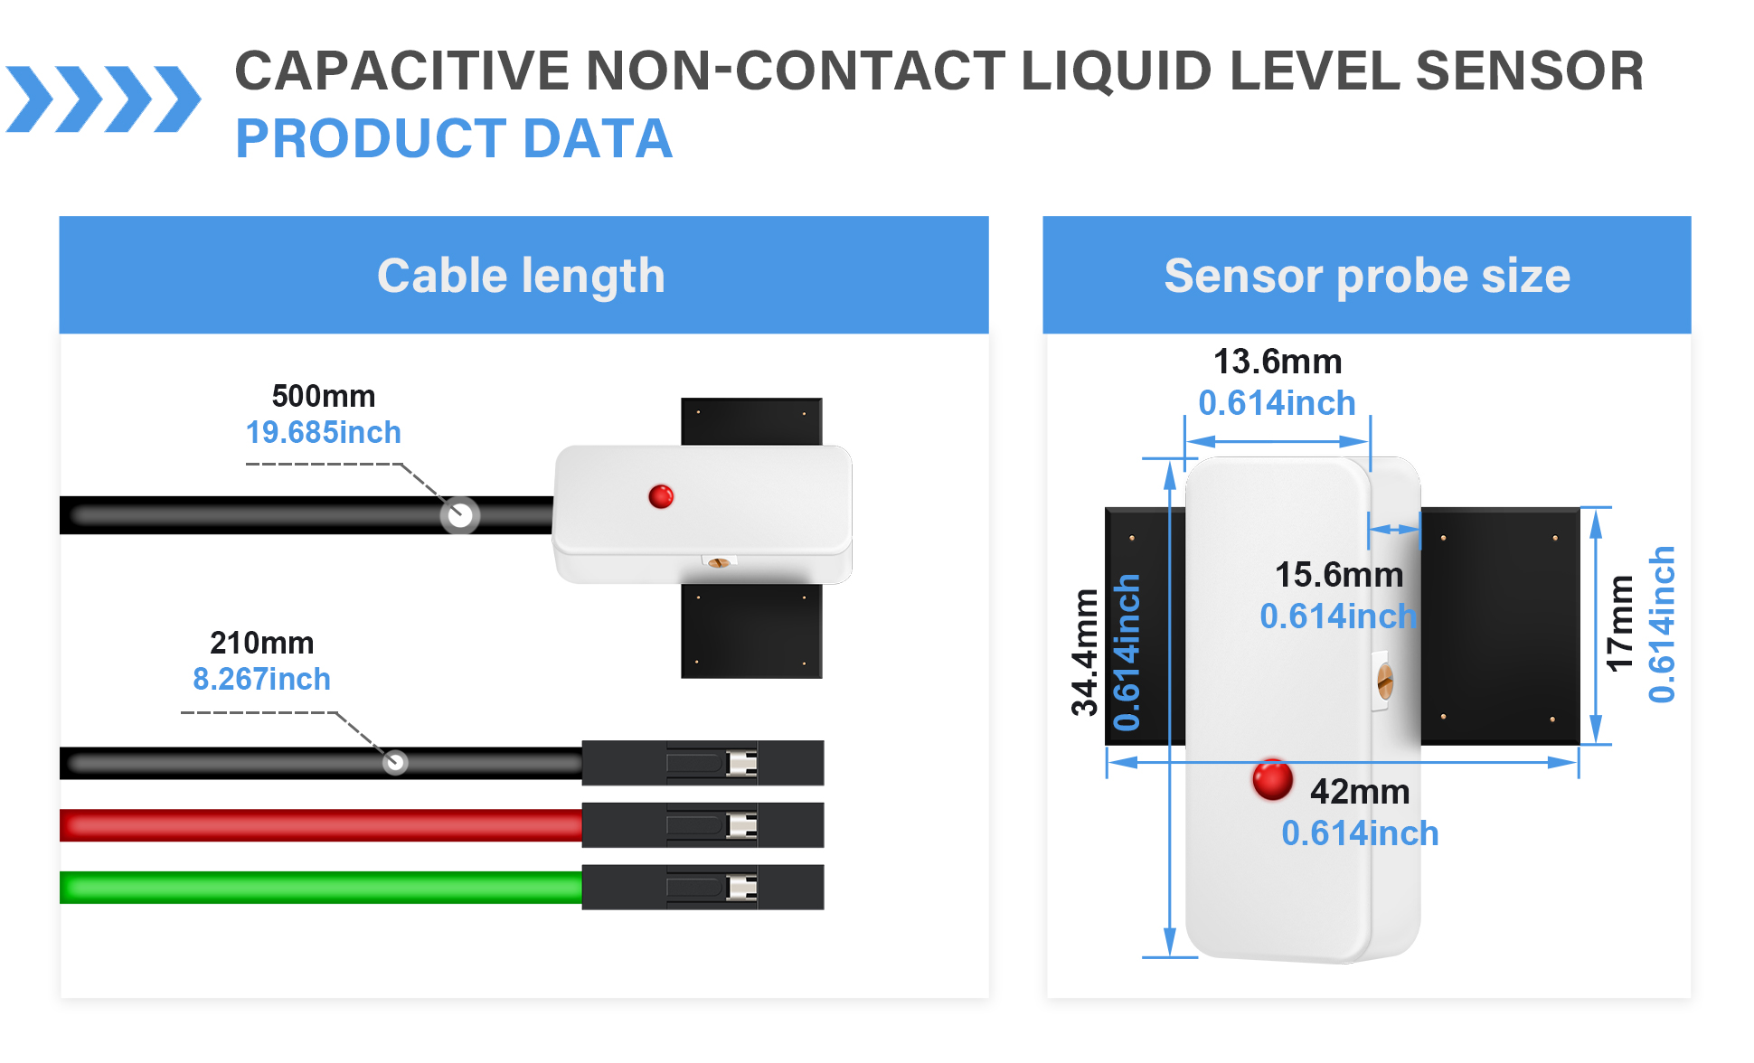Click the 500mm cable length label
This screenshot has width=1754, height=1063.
click(323, 396)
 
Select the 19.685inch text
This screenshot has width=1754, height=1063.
click(323, 433)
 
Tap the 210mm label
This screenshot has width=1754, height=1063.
click(261, 643)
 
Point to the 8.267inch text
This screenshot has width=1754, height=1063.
click(261, 679)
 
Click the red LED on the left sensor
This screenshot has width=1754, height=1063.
click(661, 496)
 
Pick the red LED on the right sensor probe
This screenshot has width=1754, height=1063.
click(1272, 780)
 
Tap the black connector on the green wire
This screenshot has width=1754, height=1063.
click(703, 888)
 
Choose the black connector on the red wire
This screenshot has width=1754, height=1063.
click(703, 825)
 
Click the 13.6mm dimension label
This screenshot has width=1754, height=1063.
click(1277, 362)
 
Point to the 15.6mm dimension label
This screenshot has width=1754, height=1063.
click(1338, 575)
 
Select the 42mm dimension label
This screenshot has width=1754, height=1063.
click(1359, 792)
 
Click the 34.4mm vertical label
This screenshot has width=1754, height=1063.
click(1085, 652)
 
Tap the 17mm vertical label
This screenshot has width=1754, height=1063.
click(1620, 624)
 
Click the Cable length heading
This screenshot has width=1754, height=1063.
click(521, 276)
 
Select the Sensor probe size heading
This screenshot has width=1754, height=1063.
click(1366, 276)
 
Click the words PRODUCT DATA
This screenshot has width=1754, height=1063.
click(454, 138)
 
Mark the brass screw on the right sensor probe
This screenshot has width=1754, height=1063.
click(1384, 682)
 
